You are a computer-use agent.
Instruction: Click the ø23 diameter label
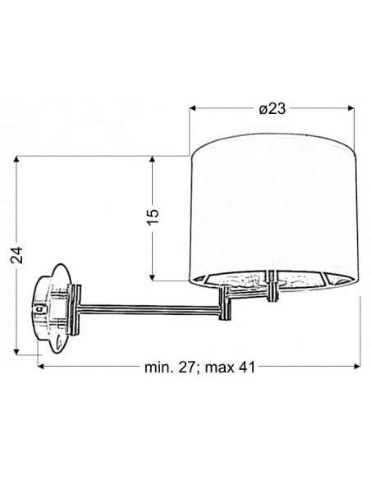click(x=273, y=108)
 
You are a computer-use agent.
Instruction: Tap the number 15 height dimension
click(x=153, y=217)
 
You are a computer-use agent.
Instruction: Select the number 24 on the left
click(x=16, y=255)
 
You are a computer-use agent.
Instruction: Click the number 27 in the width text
click(x=186, y=367)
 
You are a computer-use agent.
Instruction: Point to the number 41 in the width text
click(x=247, y=367)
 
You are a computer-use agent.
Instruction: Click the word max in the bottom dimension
click(x=218, y=367)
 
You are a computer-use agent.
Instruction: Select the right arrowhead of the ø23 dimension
click(x=351, y=108)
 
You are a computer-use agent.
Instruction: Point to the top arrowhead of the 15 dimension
click(x=152, y=159)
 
